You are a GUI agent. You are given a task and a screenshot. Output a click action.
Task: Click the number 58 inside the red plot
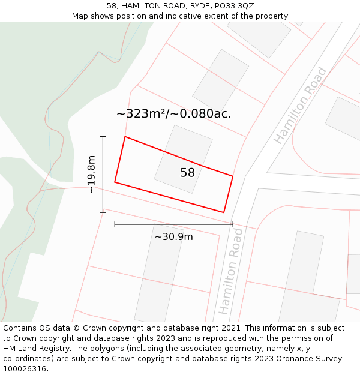(187, 173)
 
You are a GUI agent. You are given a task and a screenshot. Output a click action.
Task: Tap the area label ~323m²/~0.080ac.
(173, 113)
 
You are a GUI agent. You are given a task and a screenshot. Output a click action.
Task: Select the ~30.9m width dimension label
(173, 236)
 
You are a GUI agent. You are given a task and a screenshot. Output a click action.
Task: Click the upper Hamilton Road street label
(301, 105)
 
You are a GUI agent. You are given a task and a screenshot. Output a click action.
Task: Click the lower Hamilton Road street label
(230, 271)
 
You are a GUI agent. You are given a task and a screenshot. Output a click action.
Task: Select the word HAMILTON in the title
(141, 5)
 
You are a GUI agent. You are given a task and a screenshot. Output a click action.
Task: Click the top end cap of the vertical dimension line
(103, 137)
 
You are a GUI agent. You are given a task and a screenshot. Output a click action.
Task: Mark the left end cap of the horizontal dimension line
(115, 224)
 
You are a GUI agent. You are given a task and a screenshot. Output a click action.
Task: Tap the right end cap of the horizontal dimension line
(233, 224)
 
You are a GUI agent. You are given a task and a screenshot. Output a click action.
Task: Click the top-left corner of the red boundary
(125, 137)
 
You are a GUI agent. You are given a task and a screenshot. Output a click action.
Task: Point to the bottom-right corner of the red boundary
(224, 212)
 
